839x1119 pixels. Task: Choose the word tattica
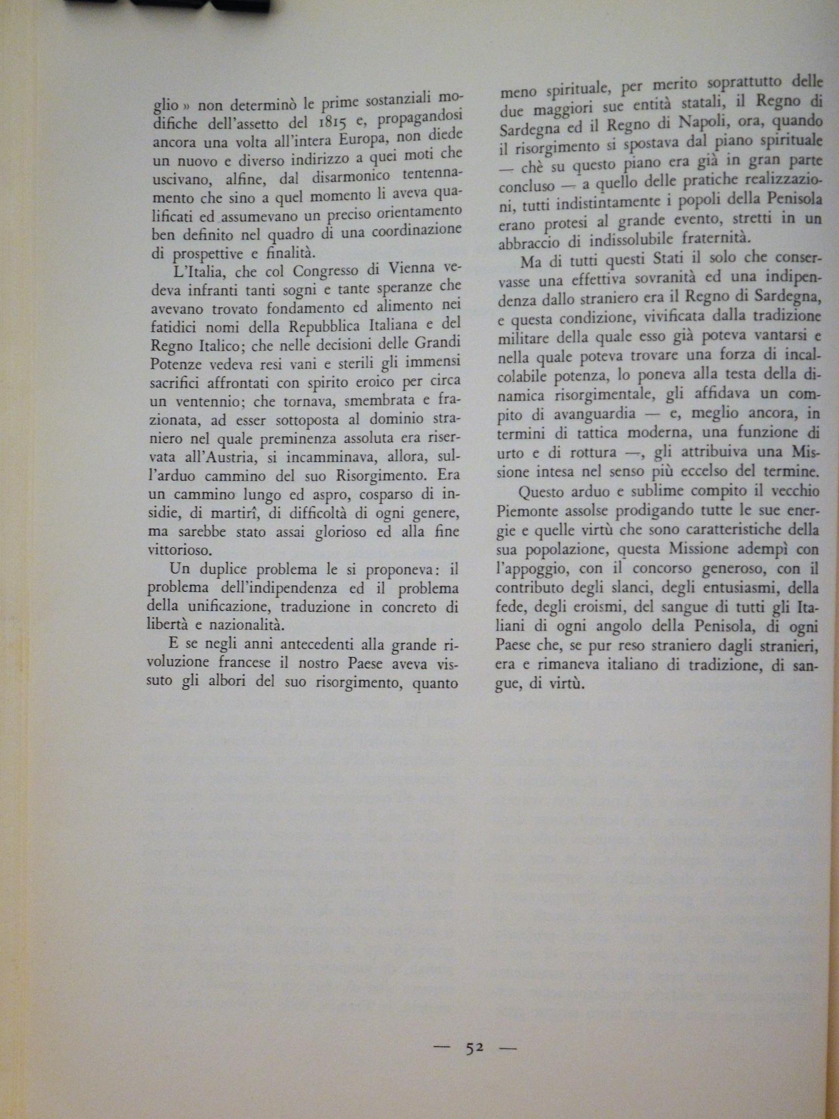point(598,433)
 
